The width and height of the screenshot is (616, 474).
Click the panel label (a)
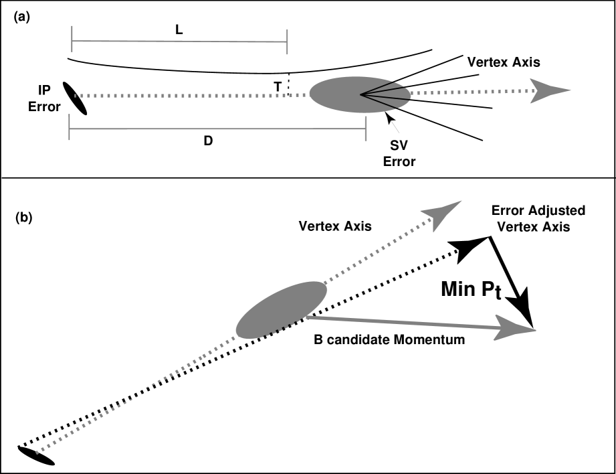pos(21,19)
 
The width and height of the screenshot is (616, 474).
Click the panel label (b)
pos(21,218)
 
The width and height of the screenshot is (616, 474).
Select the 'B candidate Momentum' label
pos(389,340)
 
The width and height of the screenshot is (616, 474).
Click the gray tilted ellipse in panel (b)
pos(281,309)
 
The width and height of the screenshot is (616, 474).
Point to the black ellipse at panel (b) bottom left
pos(36,456)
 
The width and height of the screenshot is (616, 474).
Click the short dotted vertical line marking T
pos(288,85)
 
